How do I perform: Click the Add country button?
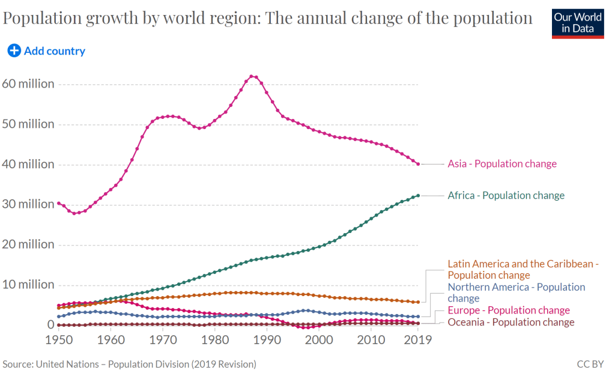46,51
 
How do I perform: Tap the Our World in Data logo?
578,23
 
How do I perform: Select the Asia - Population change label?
502,164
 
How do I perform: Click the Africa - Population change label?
506,195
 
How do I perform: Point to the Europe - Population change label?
509,311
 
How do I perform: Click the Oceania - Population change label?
511,323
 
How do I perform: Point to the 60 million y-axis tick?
28,84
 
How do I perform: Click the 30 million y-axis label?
28,204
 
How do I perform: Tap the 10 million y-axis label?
28,285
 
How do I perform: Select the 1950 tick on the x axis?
59,339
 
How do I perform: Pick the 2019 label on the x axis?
417,339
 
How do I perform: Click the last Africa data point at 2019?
418,195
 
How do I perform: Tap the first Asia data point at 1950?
58,203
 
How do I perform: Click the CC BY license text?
590,364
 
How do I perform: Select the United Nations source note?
130,364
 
